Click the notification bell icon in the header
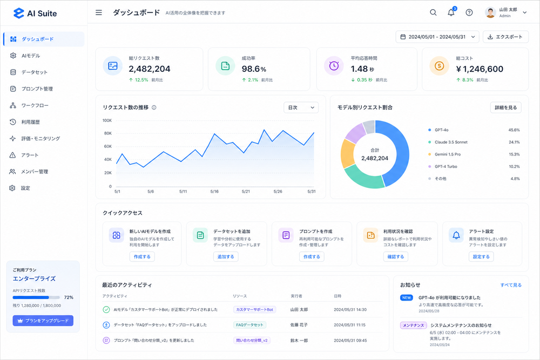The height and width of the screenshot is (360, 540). point(451,13)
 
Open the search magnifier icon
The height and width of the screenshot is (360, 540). point(433,12)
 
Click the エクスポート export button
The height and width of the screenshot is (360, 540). point(505,37)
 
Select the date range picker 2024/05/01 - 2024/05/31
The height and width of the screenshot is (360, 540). point(437,37)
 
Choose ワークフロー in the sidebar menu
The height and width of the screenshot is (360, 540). point(35,105)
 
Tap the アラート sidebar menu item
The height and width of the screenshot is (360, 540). point(30,155)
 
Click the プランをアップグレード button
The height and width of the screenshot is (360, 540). point(43,321)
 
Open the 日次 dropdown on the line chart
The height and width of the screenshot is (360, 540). point(301,108)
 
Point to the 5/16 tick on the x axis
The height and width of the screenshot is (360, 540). point(214,192)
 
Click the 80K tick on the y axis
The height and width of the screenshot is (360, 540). point(108,133)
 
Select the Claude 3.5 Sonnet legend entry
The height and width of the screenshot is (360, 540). point(451,142)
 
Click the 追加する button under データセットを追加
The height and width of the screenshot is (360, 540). point(226,256)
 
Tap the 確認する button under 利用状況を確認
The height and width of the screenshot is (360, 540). point(396,256)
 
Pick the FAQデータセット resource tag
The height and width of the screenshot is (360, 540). point(249,324)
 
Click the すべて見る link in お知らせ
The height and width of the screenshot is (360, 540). point(511,285)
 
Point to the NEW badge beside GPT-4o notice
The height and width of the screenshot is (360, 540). point(407,298)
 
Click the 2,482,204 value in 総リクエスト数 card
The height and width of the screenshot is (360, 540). point(150,69)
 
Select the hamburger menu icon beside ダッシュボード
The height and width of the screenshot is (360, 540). point(99,13)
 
